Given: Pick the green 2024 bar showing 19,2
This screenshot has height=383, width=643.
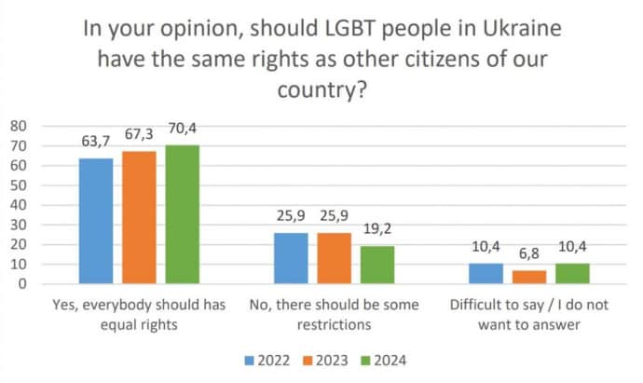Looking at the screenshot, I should (x=378, y=265).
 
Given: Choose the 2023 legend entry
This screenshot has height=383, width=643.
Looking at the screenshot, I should (x=321, y=360).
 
